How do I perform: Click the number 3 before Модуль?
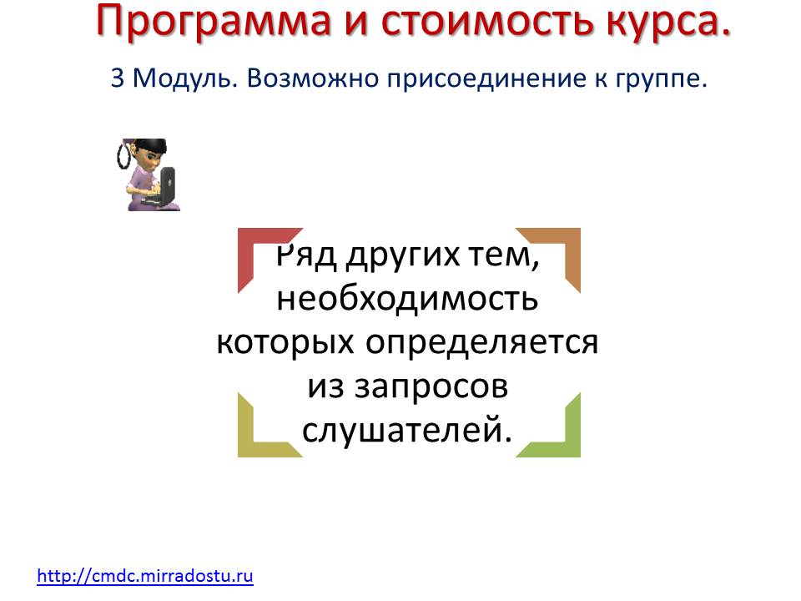click(117, 78)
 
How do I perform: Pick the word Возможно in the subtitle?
click(313, 78)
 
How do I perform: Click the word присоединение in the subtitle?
click(486, 79)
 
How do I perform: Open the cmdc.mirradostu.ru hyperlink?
click(145, 576)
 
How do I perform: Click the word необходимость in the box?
click(407, 298)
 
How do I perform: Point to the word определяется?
click(481, 343)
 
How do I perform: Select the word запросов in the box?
click(431, 387)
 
